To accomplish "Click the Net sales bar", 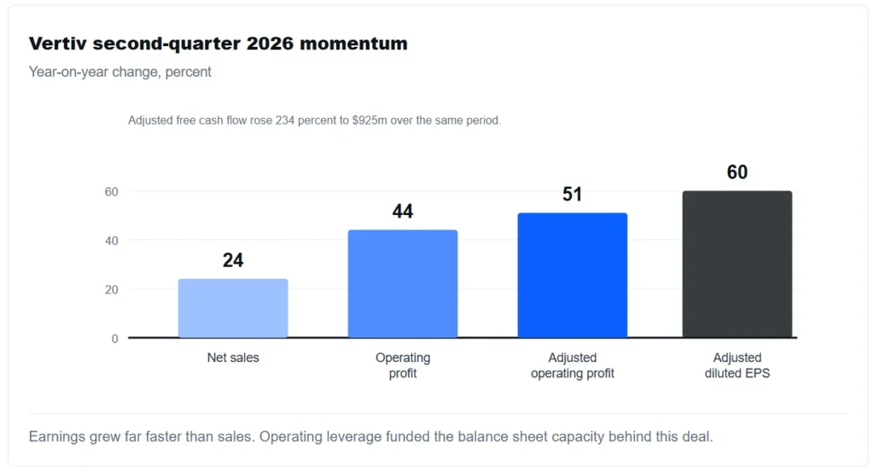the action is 233,308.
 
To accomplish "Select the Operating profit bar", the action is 403,283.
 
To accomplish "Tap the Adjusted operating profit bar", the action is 573,276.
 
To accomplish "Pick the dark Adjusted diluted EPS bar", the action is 737,264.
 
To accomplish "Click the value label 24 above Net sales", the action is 233,260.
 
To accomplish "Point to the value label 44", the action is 403,211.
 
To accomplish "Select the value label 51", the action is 572,195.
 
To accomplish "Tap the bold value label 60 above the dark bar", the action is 737,172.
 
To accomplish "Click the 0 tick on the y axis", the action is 115,339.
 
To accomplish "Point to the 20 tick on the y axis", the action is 112,290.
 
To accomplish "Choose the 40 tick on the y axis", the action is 112,241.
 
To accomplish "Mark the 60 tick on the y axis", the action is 112,192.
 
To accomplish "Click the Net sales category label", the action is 233,358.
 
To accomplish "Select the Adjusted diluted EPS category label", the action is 737,365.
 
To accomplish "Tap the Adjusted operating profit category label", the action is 573,365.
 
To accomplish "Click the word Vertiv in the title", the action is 58,44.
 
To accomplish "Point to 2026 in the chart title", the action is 270,44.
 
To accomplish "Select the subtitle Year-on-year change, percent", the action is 119,72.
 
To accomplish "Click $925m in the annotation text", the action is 369,120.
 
